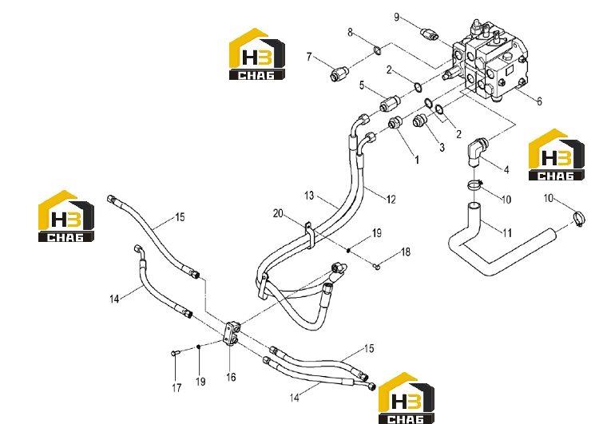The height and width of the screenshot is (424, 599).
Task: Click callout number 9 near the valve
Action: pos(396,18)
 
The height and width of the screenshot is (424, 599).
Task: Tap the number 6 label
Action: pos(539,101)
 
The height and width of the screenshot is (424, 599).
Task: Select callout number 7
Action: pos(309,57)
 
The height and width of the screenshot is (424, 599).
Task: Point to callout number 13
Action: pos(309,196)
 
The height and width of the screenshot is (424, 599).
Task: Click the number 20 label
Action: pos(278,213)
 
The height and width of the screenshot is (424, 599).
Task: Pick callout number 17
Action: pos(177,388)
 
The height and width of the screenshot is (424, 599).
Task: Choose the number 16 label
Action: pos(231,378)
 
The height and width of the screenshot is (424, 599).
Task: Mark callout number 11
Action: pos(507,232)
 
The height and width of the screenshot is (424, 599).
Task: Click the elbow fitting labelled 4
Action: pos(477,152)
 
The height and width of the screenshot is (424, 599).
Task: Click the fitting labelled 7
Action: pos(338,73)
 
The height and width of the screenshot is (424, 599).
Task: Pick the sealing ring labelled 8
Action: pos(377,50)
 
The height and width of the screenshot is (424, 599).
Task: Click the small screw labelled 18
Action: pos(376,266)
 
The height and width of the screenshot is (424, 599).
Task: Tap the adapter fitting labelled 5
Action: pos(389,102)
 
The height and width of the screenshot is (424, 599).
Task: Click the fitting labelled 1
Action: pos(394,123)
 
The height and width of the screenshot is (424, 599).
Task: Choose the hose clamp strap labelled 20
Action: pos(309,235)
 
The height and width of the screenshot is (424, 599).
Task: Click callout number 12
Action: pos(391,199)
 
